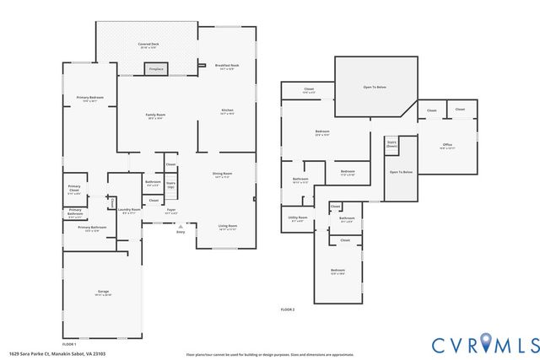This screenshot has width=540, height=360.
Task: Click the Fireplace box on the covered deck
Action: pyautogui.click(x=155, y=69)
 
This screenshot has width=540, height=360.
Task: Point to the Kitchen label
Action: pyautogui.click(x=227, y=111)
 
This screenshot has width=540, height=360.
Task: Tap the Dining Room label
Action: pyautogui.click(x=223, y=175)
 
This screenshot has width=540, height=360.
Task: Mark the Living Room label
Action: pyautogui.click(x=228, y=227)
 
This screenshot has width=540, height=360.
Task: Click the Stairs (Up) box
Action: pyautogui.click(x=170, y=184)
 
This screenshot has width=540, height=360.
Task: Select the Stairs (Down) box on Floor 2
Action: pyautogui.click(x=391, y=144)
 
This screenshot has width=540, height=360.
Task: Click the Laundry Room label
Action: pyautogui.click(x=130, y=211)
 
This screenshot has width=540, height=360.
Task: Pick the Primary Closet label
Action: pyautogui.click(x=75, y=191)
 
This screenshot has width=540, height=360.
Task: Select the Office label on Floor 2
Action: pyautogui.click(x=447, y=146)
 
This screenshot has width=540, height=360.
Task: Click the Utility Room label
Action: pyautogui.click(x=298, y=218)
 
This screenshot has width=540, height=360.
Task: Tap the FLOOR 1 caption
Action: pyautogui.click(x=69, y=344)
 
